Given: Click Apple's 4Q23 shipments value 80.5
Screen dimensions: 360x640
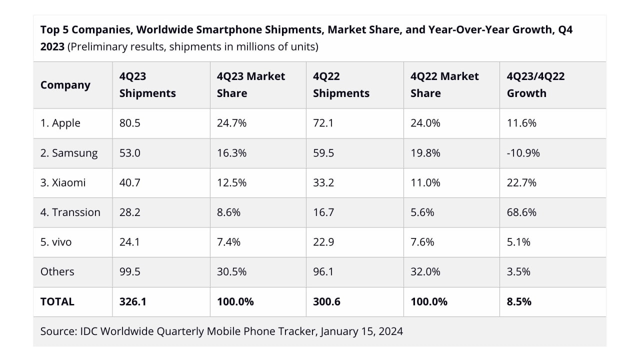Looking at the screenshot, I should (x=129, y=123).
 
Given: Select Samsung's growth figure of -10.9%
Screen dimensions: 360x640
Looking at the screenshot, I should (x=523, y=153).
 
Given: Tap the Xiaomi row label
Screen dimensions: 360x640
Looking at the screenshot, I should (x=63, y=182).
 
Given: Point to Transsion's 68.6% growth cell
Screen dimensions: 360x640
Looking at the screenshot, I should (x=521, y=212).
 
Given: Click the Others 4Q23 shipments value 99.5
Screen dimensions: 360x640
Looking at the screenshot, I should (x=129, y=271).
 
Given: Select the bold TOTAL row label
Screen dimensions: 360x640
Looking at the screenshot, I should (x=57, y=301).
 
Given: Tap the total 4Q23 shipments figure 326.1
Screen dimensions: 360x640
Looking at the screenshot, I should (x=132, y=301).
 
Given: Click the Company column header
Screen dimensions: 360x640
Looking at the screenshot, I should (x=65, y=84).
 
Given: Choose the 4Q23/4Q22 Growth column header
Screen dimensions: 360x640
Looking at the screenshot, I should (x=535, y=84).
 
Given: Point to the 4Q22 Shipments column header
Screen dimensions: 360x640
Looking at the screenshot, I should (x=341, y=84).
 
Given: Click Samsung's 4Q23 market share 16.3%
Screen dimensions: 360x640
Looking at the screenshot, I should (x=231, y=153).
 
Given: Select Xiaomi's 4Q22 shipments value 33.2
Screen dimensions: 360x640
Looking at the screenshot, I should (x=323, y=182).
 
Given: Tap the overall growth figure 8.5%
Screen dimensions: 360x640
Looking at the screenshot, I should (x=519, y=301).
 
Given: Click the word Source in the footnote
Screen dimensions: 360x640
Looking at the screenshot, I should (x=57, y=331).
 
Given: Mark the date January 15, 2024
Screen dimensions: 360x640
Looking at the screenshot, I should (x=361, y=331).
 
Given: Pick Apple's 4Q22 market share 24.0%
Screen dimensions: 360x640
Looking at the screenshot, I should (x=425, y=123).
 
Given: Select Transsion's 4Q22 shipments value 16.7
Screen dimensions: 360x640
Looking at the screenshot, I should (x=323, y=212).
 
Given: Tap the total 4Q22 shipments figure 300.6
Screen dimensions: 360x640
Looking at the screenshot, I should (x=326, y=301).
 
